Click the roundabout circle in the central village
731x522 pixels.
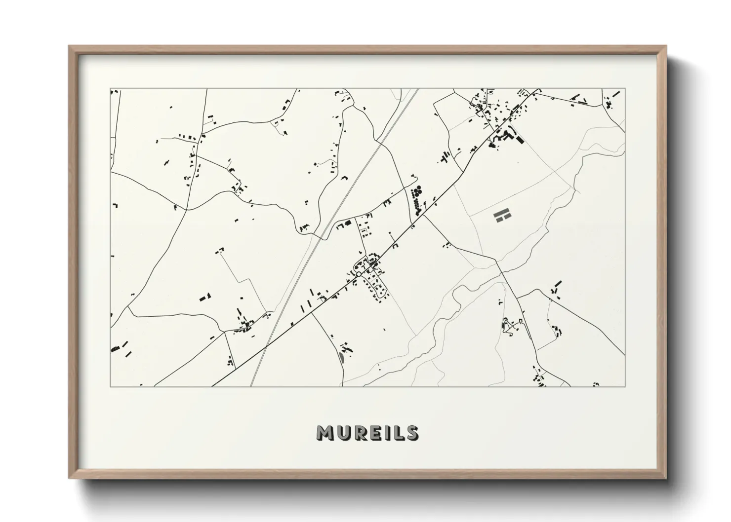coord(359,273)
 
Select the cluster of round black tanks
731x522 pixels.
coord(417,190)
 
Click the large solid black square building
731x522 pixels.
coord(519,140)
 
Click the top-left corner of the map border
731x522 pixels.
coord(111,89)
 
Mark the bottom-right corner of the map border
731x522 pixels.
coord(625,386)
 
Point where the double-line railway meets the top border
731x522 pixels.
coord(418,89)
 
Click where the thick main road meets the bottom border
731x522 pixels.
coord(213,386)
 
